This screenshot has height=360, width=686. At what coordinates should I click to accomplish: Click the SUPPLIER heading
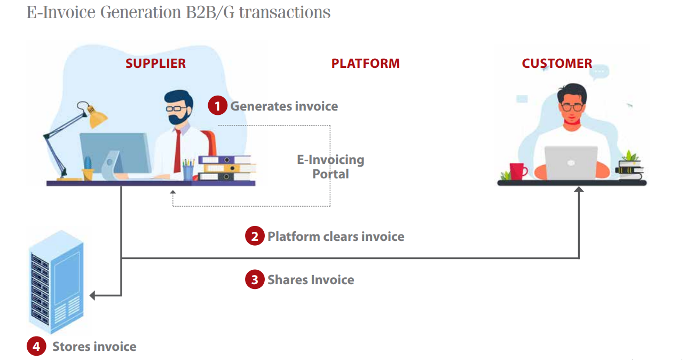(x=155, y=64)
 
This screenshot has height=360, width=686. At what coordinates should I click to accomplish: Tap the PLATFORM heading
(x=365, y=64)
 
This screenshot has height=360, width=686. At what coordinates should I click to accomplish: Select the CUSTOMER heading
(x=557, y=64)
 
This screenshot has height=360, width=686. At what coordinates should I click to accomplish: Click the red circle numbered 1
(x=217, y=105)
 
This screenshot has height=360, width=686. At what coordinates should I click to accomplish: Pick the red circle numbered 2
(x=255, y=236)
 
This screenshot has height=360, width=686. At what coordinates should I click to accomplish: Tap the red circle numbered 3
(x=255, y=279)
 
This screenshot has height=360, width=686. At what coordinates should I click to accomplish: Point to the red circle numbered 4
(x=36, y=346)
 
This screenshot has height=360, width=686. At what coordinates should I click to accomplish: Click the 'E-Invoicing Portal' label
(x=330, y=167)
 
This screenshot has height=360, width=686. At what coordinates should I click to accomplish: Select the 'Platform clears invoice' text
(x=336, y=237)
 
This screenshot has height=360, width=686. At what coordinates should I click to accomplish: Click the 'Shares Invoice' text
(x=311, y=280)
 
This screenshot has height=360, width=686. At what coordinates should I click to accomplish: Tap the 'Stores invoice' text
(x=94, y=347)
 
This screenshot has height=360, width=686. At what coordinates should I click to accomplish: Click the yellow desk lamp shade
(x=97, y=118)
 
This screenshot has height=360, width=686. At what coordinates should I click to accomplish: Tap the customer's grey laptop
(x=571, y=163)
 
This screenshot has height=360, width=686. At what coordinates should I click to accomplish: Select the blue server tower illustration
(x=57, y=282)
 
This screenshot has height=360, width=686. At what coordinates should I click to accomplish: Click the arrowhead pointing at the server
(x=92, y=295)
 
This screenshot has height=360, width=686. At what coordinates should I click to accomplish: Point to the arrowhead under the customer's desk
(x=579, y=189)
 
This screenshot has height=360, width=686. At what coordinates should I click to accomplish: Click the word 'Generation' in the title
(x=140, y=13)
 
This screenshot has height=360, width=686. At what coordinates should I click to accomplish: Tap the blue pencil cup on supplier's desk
(x=188, y=173)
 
